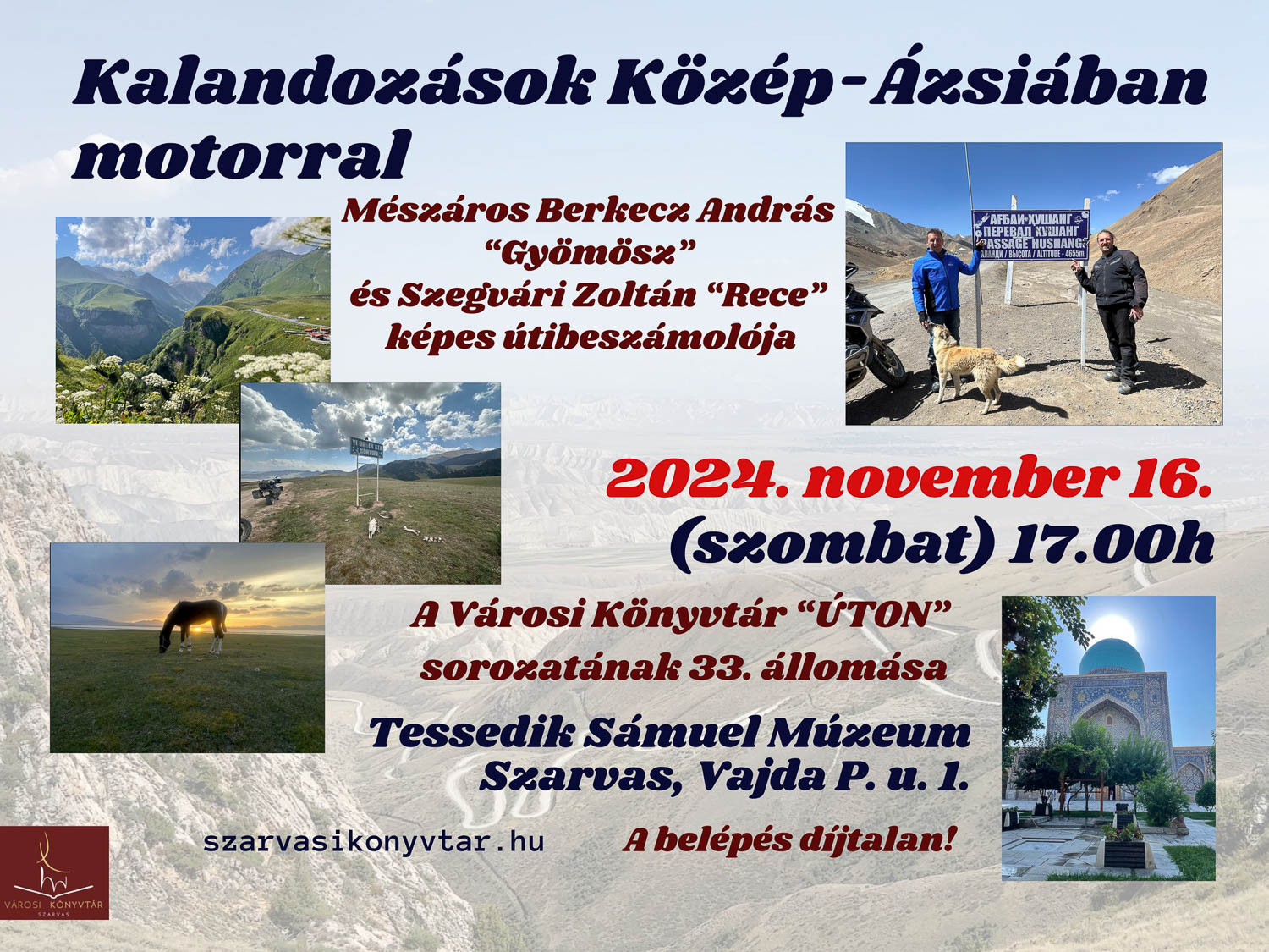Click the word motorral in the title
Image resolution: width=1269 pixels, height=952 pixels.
(242, 154)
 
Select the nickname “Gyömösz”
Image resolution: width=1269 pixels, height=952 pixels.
(589, 252)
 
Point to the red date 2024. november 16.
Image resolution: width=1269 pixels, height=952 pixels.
(909, 477)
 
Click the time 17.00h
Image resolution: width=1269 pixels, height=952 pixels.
(1110, 544)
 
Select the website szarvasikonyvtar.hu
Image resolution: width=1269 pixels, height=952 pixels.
(374, 842)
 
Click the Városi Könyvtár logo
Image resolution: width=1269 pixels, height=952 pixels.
(54, 872)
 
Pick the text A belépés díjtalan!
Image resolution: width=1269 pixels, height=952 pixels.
(788, 839)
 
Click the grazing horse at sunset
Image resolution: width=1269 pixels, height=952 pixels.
(193, 626)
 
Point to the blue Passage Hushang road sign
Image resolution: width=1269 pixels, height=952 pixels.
(1030, 235)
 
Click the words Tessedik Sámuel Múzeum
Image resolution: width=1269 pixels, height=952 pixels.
(669, 734)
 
